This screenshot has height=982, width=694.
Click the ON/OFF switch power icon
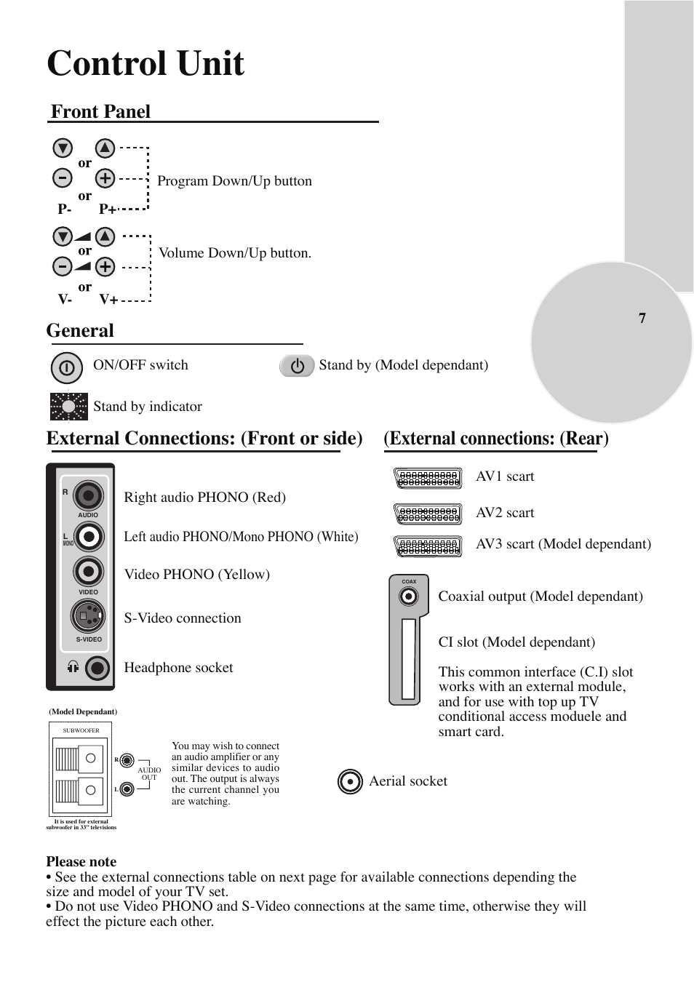coord(66,368)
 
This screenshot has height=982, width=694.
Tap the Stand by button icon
coord(297,366)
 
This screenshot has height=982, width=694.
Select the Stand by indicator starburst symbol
coord(69,407)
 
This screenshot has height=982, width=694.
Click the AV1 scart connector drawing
coord(428,478)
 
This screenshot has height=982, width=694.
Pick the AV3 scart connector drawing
coord(428,546)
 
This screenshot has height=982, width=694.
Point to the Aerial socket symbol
coord(350,782)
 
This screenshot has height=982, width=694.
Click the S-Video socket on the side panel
coord(88,617)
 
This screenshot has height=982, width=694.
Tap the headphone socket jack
coord(97,668)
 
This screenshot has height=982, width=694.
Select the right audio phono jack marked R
coord(88,496)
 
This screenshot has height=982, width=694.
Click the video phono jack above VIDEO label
coord(88,572)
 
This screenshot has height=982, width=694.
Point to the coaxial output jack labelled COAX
coord(409,596)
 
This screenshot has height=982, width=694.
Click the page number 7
coord(642,318)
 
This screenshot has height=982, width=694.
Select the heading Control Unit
coord(145,63)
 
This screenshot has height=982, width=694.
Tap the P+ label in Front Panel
coord(108,209)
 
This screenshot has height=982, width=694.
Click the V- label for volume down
coord(65,299)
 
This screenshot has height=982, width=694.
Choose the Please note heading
coord(81,862)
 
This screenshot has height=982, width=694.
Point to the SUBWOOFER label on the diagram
coord(81,730)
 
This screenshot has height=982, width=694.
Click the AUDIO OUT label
coord(149,773)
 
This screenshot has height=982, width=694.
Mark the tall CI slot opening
coord(408,658)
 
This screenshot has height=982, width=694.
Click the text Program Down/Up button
coord(234,181)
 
